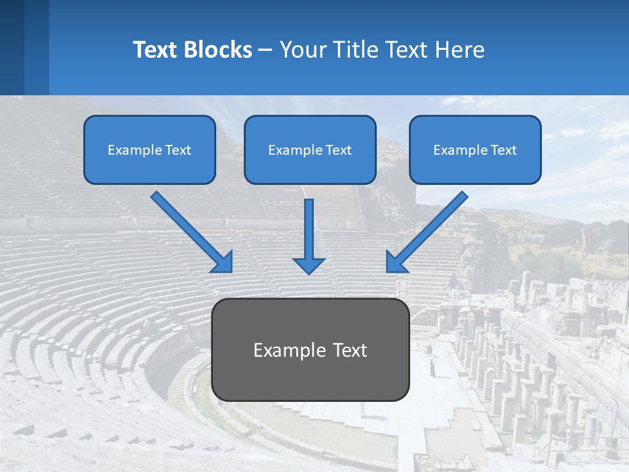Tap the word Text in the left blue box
click(178, 150)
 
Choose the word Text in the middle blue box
click(339, 150)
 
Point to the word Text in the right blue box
click(504, 150)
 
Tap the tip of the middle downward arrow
click(309, 271)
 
